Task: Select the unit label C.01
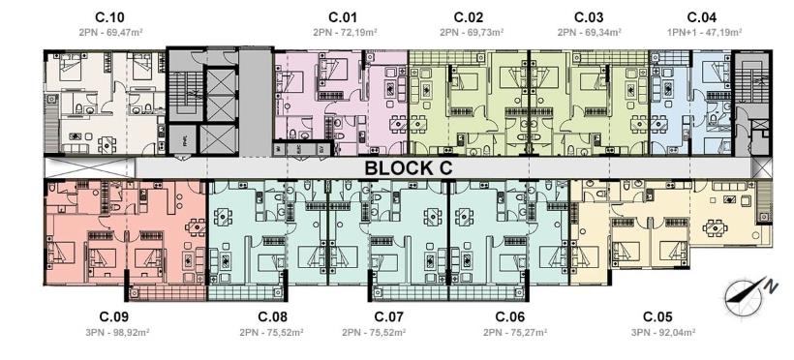(x=343, y=17)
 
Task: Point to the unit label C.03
(x=589, y=17)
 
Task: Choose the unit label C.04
(x=702, y=17)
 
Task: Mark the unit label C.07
(x=389, y=316)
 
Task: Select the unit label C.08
(x=273, y=316)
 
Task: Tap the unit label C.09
(x=114, y=316)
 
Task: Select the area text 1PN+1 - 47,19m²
(x=702, y=32)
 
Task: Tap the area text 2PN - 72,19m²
(x=345, y=32)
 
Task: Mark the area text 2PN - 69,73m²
(x=471, y=32)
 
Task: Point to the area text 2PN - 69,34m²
(x=590, y=32)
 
